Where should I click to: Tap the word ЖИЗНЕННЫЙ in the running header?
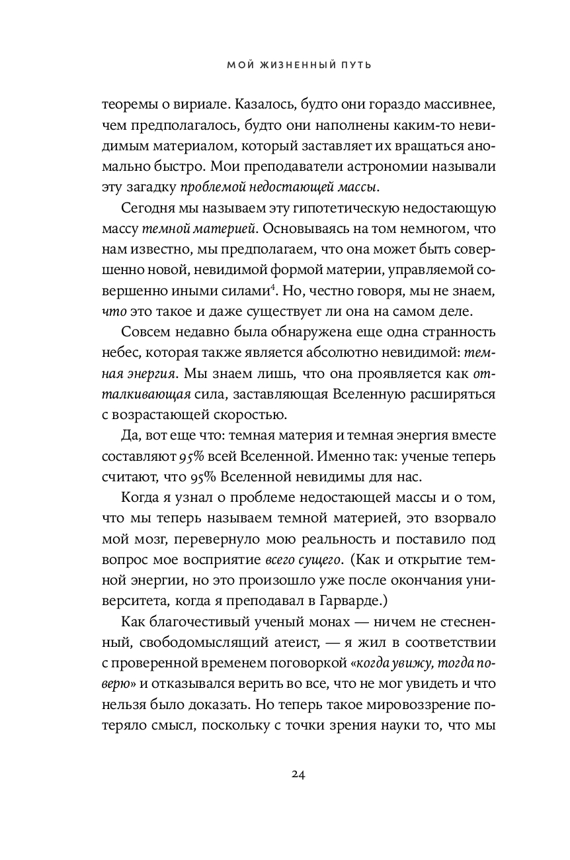(x=288, y=65)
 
